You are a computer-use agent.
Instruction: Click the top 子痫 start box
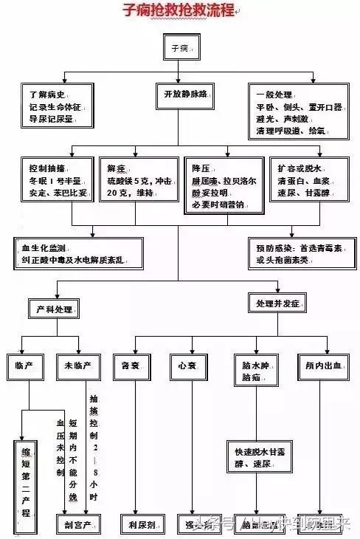pyautogui.click(x=179, y=48)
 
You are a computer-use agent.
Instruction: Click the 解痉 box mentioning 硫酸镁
pyautogui.click(x=138, y=182)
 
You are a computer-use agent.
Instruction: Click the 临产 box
pyautogui.click(x=29, y=365)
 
